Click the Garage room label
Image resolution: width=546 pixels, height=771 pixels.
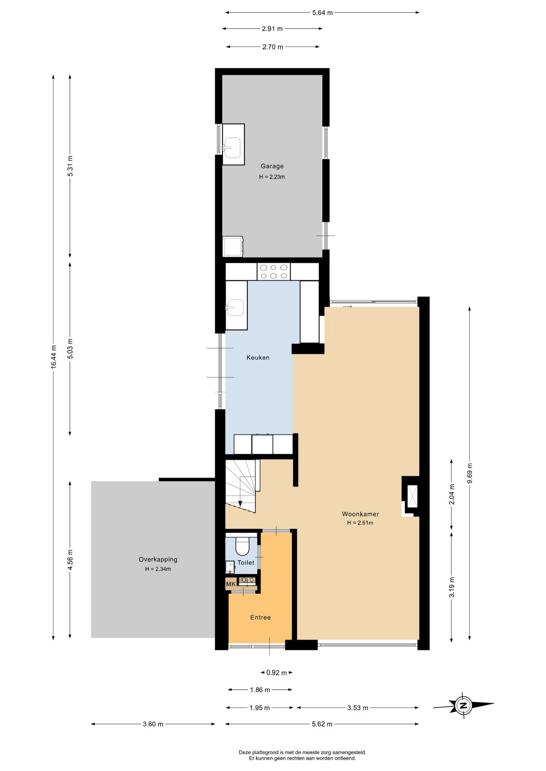(272, 166)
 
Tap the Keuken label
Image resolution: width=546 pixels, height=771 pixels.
(258, 357)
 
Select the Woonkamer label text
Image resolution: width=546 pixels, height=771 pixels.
(360, 514)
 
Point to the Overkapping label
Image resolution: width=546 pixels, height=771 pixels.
(158, 559)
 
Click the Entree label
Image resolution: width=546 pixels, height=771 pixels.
(261, 618)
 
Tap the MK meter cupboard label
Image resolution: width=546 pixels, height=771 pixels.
(231, 584)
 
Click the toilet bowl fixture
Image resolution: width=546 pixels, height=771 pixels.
(242, 545)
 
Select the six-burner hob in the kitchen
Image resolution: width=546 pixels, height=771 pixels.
(273, 271)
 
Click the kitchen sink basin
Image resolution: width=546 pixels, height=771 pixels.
(235, 308)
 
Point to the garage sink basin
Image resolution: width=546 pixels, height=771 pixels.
(232, 147)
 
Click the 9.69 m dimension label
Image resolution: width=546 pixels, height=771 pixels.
(470, 474)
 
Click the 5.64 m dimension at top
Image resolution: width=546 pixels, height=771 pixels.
(322, 12)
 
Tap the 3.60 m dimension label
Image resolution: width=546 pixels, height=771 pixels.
(153, 724)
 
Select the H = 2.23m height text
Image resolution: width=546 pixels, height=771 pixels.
(272, 177)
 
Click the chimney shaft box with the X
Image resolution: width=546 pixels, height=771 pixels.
(413, 496)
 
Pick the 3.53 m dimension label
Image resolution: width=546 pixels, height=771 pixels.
(358, 708)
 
